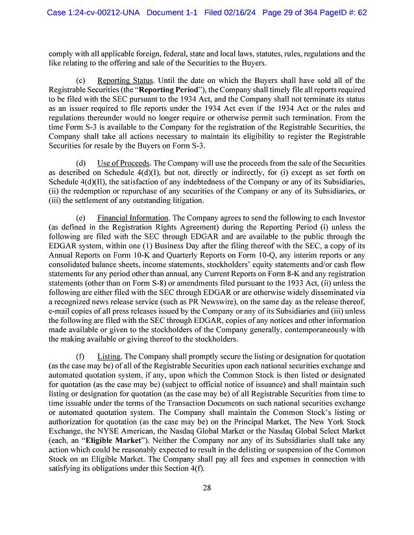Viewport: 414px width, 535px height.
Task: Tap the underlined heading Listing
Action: pyautogui.click(x=110, y=356)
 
